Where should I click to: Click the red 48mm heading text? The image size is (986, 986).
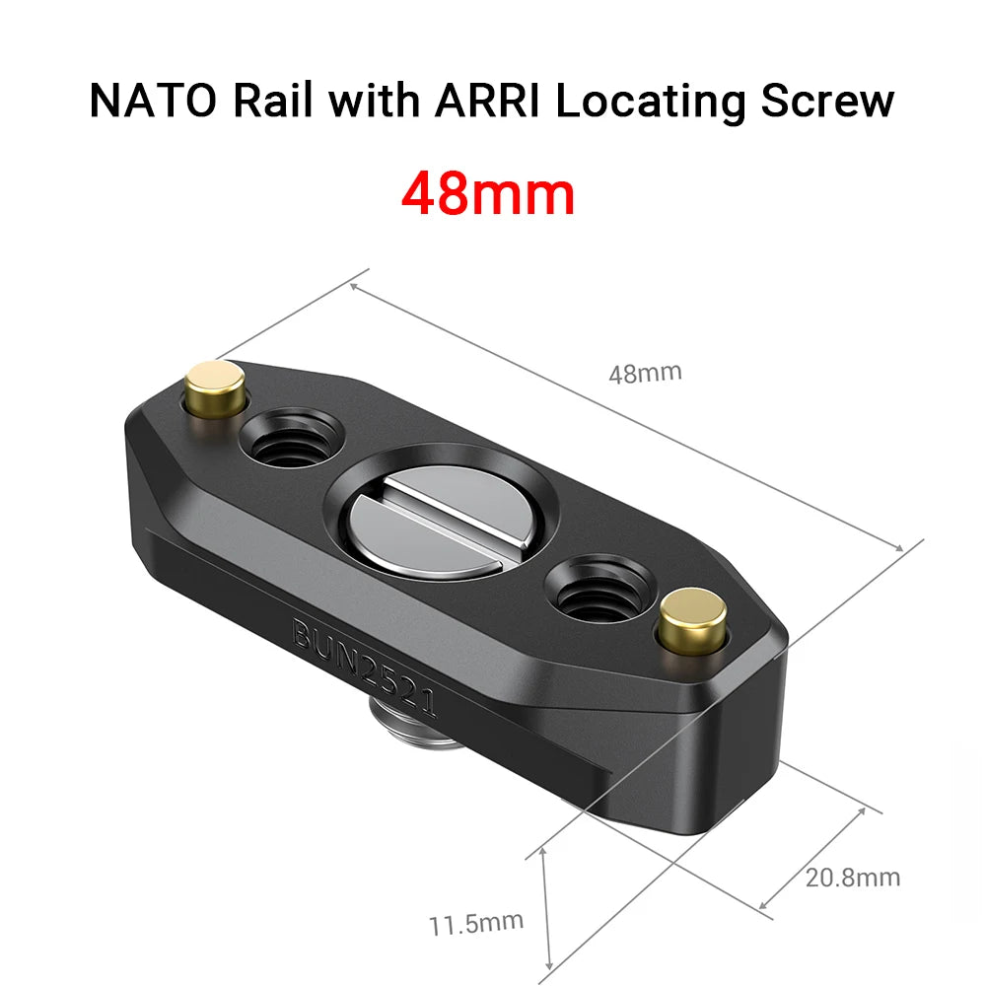[488, 194]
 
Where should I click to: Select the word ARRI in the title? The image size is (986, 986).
[478, 102]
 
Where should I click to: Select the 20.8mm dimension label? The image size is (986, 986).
[852, 877]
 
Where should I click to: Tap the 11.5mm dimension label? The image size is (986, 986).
[475, 924]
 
